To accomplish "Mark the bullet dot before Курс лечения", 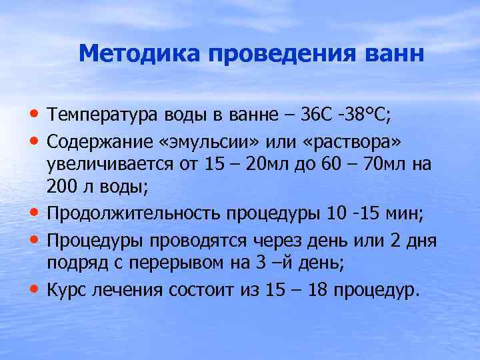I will coord(33,289).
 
